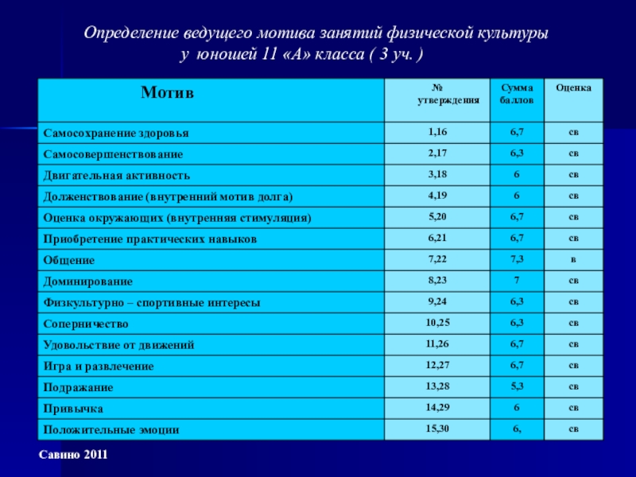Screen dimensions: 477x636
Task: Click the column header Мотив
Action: pyautogui.click(x=167, y=94)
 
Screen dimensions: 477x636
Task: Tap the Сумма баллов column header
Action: pyautogui.click(x=517, y=94)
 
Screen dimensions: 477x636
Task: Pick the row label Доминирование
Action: pyautogui.click(x=87, y=281)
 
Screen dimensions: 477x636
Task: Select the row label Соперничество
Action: pyautogui.click(x=86, y=324)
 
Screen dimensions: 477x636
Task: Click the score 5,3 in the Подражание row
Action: pyautogui.click(x=517, y=386)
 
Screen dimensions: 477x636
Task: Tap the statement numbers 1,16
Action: pyautogui.click(x=436, y=131)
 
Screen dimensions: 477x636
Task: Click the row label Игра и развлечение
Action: pyautogui.click(x=99, y=366)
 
